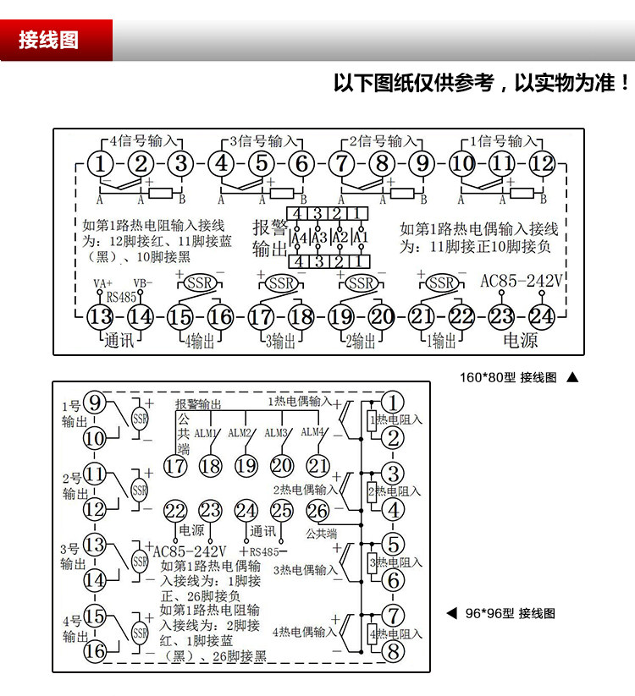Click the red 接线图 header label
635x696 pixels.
[49, 41]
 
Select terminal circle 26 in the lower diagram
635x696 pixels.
[317, 511]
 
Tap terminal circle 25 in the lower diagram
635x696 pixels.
[282, 511]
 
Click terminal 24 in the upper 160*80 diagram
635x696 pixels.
[541, 316]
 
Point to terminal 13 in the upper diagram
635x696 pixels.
[100, 316]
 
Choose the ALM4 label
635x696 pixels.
[314, 432]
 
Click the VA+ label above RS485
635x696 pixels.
[102, 283]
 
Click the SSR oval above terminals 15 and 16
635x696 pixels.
[200, 282]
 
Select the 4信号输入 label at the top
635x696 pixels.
[144, 140]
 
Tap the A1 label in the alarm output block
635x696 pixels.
[360, 238]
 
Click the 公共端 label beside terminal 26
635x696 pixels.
[321, 534]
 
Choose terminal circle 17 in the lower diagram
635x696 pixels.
[175, 465]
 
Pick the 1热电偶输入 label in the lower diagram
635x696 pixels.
[301, 400]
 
